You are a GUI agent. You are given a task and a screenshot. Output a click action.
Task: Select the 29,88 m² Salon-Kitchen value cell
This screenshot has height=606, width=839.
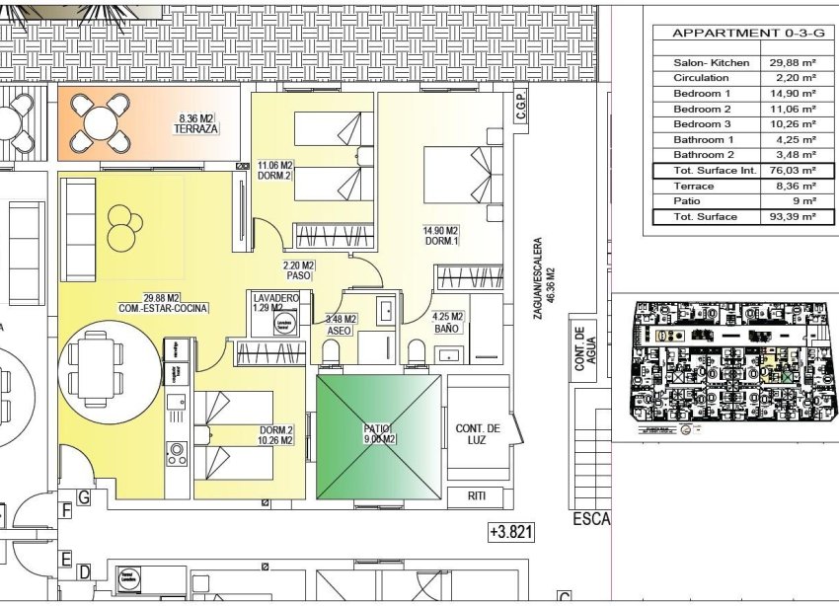792,62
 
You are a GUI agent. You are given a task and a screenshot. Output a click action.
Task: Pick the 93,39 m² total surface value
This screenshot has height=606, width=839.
792,217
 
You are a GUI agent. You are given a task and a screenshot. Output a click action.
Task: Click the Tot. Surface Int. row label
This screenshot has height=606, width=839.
707,171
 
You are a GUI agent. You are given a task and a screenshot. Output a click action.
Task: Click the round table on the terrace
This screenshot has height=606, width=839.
100,123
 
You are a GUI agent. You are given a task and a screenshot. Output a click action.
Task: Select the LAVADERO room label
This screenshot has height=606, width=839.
275,297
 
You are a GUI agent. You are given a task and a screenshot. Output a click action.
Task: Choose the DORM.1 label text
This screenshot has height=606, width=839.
442,241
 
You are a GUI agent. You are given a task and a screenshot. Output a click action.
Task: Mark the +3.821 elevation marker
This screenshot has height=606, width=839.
510,532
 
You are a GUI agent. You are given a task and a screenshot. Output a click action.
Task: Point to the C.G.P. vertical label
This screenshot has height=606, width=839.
520,107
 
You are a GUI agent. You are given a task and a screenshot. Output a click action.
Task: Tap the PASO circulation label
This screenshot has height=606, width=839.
298,277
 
